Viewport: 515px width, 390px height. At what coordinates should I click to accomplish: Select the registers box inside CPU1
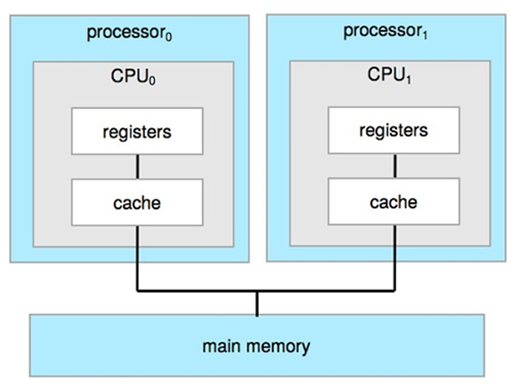pyautogui.click(x=394, y=131)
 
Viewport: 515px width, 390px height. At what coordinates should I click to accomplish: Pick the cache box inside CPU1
pyautogui.click(x=394, y=201)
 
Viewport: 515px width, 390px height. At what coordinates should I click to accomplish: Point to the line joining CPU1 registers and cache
pyautogui.click(x=394, y=165)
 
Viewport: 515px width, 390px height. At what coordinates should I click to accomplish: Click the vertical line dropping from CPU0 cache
pyautogui.click(x=137, y=258)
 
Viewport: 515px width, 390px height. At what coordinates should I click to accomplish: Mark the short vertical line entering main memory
pyautogui.click(x=257, y=304)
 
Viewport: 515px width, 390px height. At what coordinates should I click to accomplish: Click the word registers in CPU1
pyautogui.click(x=394, y=131)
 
